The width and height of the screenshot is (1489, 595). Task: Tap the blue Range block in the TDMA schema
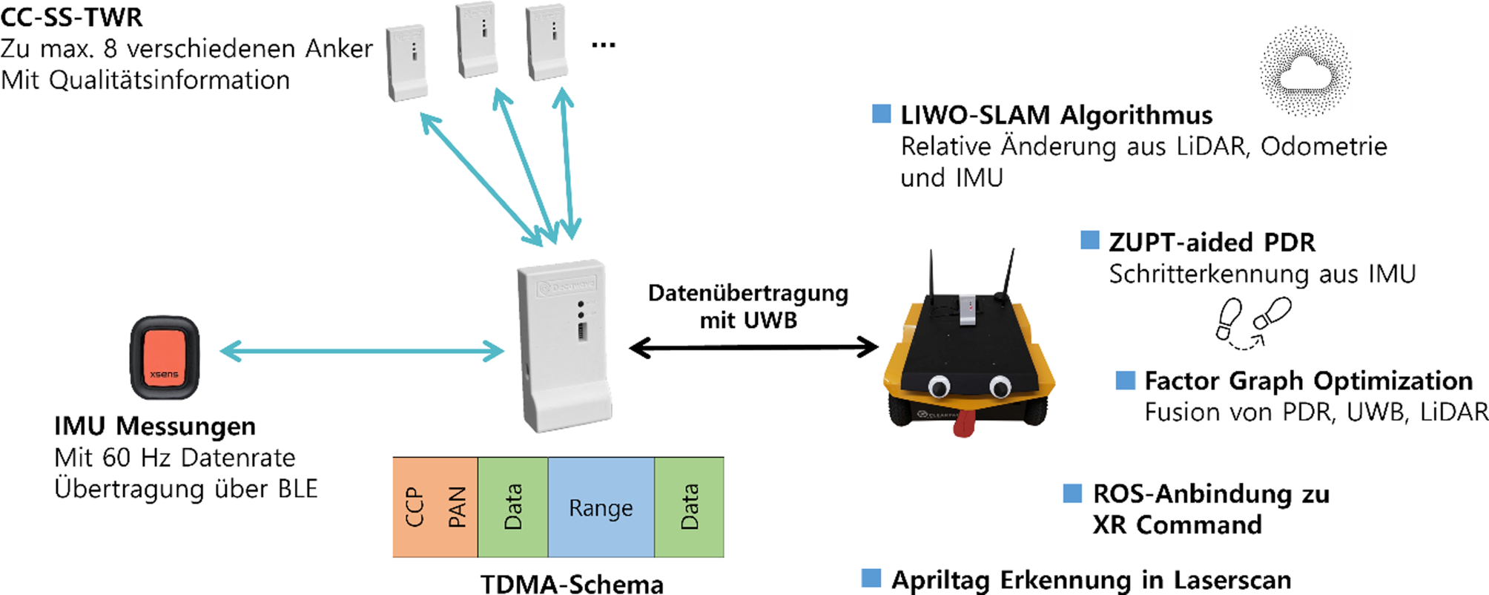tap(601, 507)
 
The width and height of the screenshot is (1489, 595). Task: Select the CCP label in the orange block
tap(415, 507)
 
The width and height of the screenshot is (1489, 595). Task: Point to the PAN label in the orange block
tap(457, 507)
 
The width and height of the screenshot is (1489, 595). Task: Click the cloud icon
tap(1305, 71)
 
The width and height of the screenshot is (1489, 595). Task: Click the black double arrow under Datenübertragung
tap(753, 347)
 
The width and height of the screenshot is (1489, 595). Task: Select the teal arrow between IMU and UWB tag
tap(362, 351)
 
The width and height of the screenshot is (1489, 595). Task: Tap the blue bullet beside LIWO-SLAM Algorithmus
tap(882, 114)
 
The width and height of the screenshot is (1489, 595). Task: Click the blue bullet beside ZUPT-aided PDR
tap(1090, 240)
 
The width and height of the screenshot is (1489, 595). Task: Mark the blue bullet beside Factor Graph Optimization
tap(1126, 380)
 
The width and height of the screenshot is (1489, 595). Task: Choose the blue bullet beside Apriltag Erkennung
tap(872, 578)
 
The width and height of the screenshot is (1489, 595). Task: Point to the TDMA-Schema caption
tap(572, 584)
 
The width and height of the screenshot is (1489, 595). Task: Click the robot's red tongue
tap(964, 423)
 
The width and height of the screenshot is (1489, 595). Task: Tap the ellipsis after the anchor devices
tap(603, 45)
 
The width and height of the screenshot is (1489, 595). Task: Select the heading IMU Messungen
tap(155, 426)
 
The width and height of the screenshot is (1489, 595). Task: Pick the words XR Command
tap(1177, 525)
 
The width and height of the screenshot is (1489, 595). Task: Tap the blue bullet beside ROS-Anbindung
tap(1072, 493)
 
